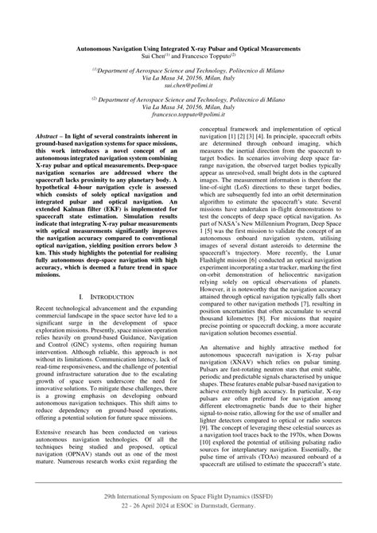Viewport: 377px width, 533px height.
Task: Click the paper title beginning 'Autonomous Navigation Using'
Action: [188, 49]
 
